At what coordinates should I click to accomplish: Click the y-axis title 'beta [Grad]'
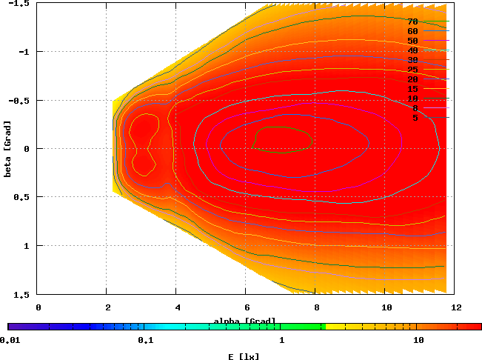coord(7,149)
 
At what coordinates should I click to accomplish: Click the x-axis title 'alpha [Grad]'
coord(245,321)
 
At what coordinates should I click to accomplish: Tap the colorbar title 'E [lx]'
coord(244,356)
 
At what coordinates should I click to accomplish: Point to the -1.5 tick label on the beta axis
coord(21,4)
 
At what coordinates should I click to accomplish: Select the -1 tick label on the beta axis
coord(24,52)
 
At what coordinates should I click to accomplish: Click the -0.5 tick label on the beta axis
coord(21,100)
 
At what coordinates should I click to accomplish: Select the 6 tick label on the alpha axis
coord(247,306)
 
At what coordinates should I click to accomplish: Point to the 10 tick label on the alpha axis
coord(386,306)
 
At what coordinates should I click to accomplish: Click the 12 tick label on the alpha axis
coord(455,306)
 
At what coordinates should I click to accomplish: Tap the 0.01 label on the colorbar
coord(9,341)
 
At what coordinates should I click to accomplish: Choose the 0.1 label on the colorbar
coord(145,341)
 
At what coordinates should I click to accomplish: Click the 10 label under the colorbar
coord(418,341)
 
